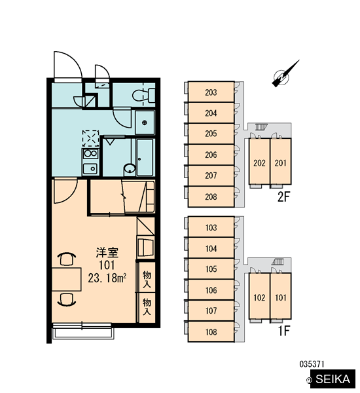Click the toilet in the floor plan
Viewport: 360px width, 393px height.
[143, 95]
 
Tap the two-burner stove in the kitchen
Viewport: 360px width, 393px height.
[90, 153]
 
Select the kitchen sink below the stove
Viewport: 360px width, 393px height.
[90, 169]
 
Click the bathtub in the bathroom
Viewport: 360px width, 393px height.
[145, 157]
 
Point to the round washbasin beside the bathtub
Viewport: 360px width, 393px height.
[130, 170]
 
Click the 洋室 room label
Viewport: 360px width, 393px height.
[107, 253]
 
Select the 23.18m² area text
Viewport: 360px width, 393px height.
[107, 278]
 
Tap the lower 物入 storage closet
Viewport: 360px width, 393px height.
[147, 308]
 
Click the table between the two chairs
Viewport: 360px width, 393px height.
[66, 279]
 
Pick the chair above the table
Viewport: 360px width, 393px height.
[67, 259]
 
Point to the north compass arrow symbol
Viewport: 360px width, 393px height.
[285, 74]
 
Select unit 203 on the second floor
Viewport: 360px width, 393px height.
[211, 92]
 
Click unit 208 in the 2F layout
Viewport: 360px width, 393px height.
[211, 196]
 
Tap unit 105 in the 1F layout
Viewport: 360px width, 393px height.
[211, 269]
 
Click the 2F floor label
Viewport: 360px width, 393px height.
[283, 197]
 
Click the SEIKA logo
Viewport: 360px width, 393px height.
[333, 379]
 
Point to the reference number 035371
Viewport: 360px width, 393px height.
[312, 364]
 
